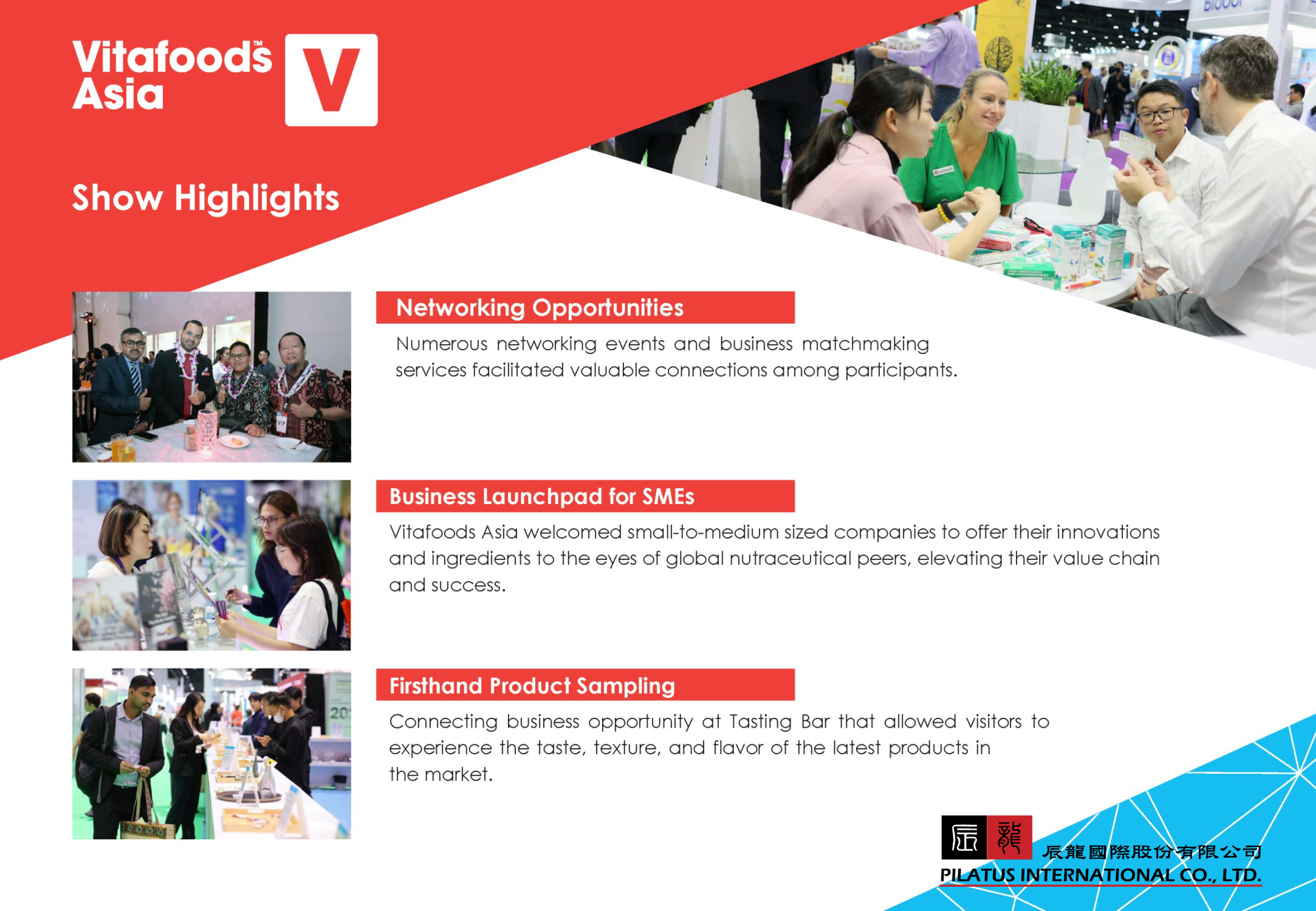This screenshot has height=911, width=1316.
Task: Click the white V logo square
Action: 331,80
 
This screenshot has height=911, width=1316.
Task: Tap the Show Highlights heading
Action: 205,198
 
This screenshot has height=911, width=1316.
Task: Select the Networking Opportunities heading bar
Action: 585,308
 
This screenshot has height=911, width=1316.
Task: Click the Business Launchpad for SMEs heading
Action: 541,497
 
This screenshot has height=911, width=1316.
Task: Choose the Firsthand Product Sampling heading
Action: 532,685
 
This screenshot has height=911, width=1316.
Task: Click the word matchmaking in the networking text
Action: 865,344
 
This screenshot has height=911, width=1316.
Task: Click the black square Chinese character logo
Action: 964,837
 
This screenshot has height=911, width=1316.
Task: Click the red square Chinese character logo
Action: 1009,837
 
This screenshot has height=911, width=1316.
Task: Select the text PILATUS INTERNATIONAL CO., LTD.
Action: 1100,875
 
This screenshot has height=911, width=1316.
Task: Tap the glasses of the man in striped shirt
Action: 1158,115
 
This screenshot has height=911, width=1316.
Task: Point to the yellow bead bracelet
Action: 945,212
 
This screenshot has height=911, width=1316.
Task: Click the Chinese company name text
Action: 1152,851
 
